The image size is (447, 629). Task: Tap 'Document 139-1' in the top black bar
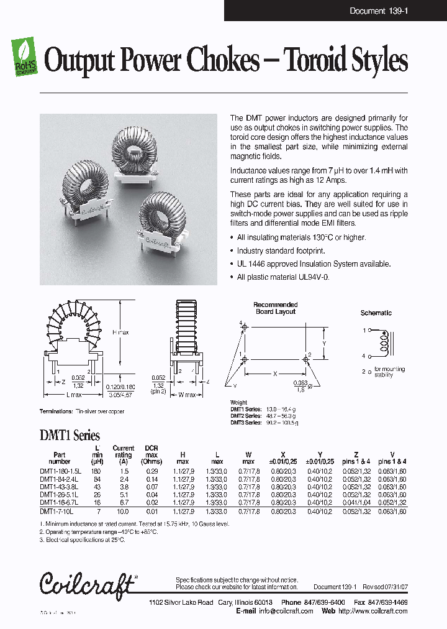[376, 11]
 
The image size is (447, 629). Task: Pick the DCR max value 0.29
[151, 471]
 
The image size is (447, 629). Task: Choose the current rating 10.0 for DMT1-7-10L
[123, 511]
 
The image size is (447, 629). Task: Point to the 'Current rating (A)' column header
[123, 455]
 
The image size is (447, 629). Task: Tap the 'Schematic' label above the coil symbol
[376, 313]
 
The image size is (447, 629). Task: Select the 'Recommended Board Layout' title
[275, 308]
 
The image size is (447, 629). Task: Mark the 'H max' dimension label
[120, 333]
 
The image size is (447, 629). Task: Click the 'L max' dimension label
[73, 395]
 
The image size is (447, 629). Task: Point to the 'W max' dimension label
[187, 395]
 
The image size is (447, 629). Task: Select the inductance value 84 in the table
[97, 479]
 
